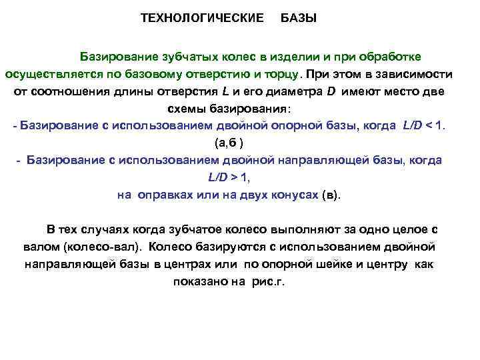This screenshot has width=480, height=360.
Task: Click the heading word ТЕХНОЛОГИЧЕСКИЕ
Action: tap(202, 18)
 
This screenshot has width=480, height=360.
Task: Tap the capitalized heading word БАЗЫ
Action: tap(299, 18)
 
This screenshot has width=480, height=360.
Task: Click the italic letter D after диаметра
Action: tap(331, 91)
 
